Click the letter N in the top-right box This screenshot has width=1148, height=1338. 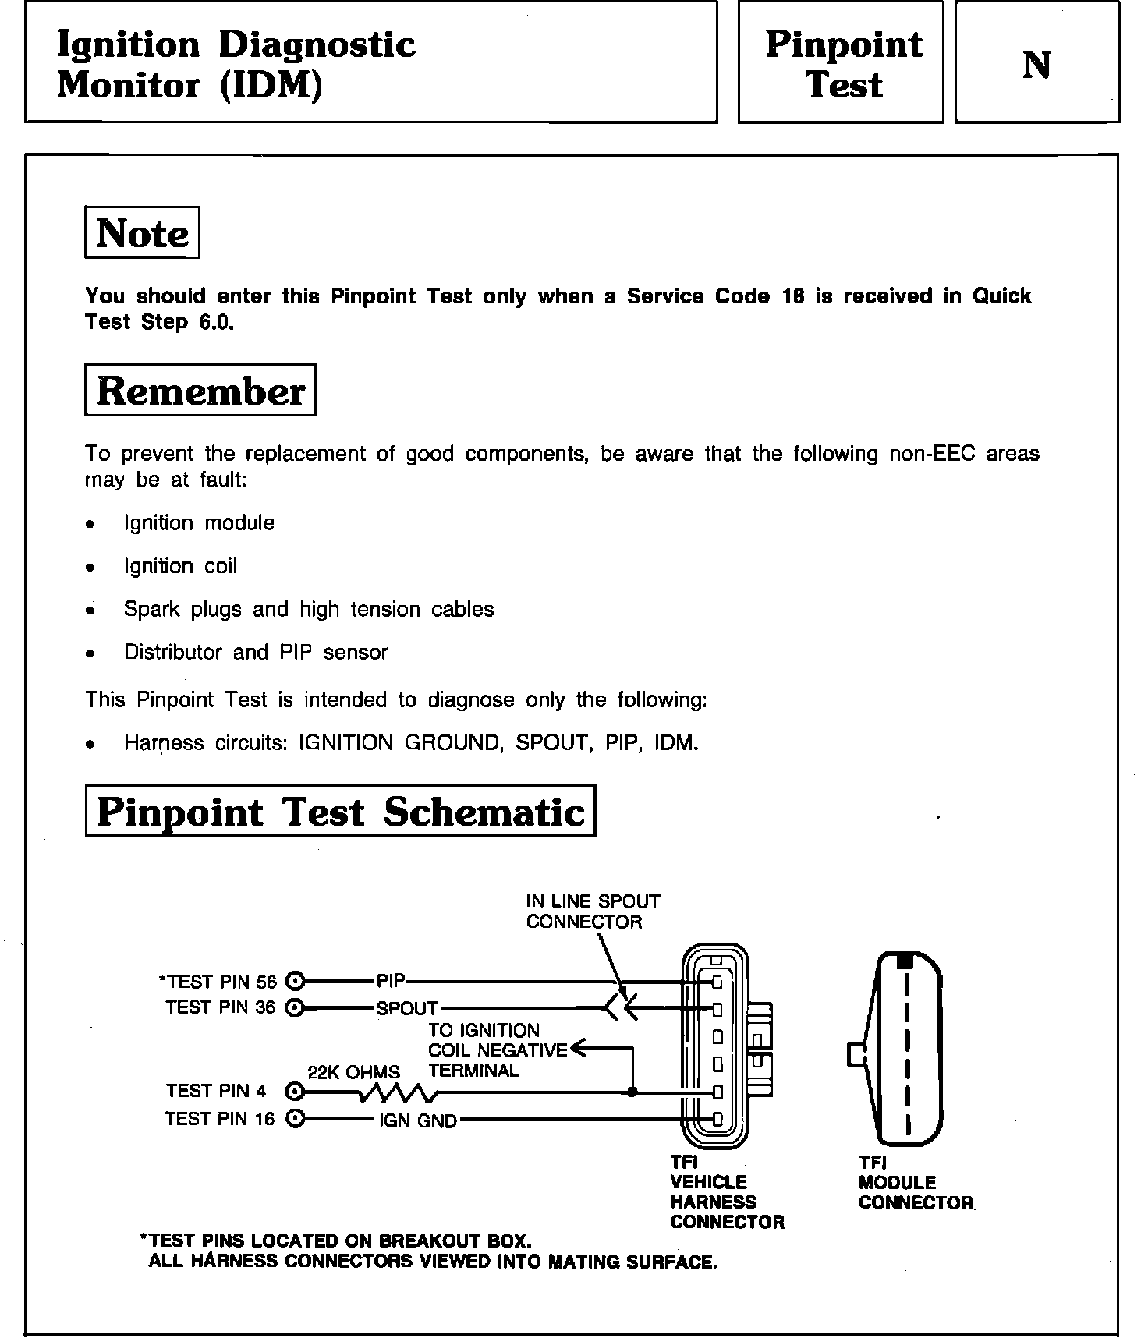1036,65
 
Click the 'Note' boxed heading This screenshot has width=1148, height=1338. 142,232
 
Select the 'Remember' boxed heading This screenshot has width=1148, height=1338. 200,390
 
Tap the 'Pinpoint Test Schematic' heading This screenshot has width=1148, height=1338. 340,811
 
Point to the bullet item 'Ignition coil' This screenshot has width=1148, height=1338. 180,566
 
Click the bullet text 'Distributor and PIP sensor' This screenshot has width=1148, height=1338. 256,652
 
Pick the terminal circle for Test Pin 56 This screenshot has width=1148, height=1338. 295,981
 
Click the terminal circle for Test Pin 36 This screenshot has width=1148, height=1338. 295,1007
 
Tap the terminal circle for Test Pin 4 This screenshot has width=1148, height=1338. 295,1091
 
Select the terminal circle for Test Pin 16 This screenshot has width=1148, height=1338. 295,1119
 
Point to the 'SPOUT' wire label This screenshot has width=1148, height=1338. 407,1008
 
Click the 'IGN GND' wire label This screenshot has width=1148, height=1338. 418,1121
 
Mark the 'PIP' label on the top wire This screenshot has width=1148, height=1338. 390,981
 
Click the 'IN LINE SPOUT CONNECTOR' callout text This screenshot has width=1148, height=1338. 593,911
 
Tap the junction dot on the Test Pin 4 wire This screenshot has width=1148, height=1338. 632,1092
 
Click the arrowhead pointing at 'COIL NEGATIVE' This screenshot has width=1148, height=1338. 578,1049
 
